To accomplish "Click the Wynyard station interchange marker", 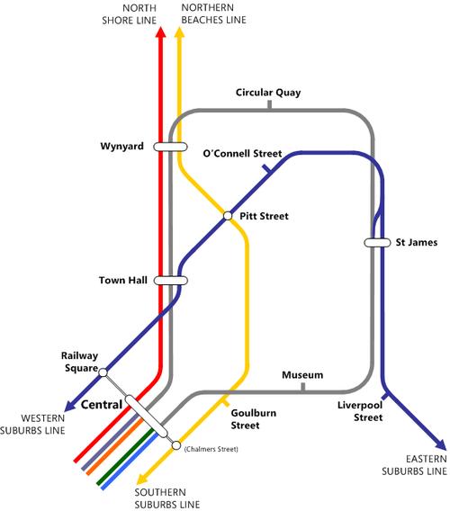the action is pyautogui.click(x=170, y=147).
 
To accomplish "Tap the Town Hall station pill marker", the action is pyautogui.click(x=170, y=281).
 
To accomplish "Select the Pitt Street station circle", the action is pyautogui.click(x=228, y=216).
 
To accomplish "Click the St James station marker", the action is pyautogui.click(x=377, y=243).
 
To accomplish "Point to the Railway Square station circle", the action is pyautogui.click(x=103, y=372).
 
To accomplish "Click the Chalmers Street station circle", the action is pyautogui.click(x=176, y=445).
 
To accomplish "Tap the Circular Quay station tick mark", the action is pyautogui.click(x=269, y=104).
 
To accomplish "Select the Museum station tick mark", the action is pyautogui.click(x=303, y=387).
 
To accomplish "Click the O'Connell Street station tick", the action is pyautogui.click(x=266, y=169).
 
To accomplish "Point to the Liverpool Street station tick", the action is pyautogui.click(x=385, y=397).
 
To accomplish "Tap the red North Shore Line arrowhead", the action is pyautogui.click(x=160, y=32).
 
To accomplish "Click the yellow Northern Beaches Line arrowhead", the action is pyautogui.click(x=179, y=32).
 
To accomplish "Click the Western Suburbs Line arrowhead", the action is pyautogui.click(x=70, y=405).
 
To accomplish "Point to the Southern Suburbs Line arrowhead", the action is pyautogui.click(x=142, y=479).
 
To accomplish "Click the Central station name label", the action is pyautogui.click(x=102, y=405).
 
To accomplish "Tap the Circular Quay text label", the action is pyautogui.click(x=268, y=93).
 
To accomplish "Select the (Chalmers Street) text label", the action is pyautogui.click(x=211, y=449).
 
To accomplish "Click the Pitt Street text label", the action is pyautogui.click(x=264, y=216).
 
